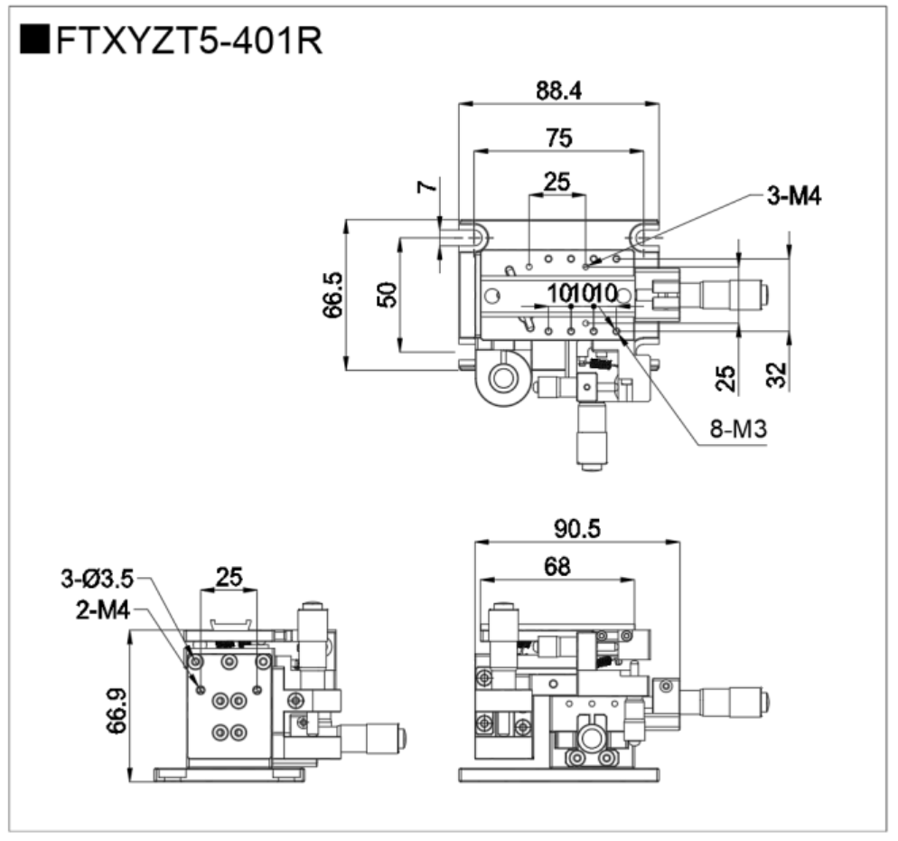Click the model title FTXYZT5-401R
coord(189,41)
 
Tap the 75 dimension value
coord(558,137)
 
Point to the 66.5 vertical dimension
coord(332,294)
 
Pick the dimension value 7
coord(427,187)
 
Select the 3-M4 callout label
coord(794,196)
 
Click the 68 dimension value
coord(557,567)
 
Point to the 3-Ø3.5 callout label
coord(97,577)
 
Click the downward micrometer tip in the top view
coord(592,466)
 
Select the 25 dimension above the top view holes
coord(557,182)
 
